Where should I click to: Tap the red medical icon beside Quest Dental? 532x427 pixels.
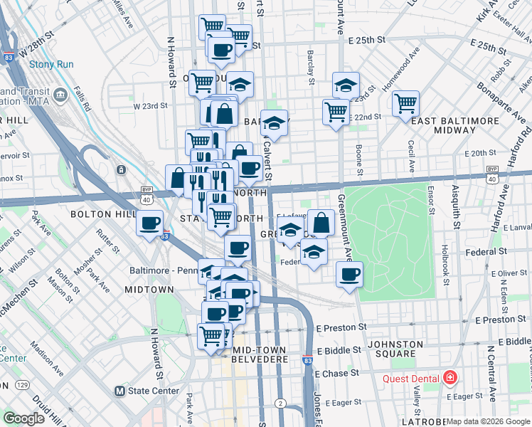tap(449, 377)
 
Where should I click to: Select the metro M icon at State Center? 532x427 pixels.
tap(119, 391)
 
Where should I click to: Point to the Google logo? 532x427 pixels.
tap(23, 418)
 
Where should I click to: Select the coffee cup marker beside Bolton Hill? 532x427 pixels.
tap(150, 223)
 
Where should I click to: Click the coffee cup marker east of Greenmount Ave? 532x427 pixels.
tap(349, 275)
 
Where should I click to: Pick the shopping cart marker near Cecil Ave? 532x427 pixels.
tap(405, 103)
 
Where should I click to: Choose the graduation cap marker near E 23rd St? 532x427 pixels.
tap(346, 86)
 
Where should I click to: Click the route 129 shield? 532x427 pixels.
tap(23, 385)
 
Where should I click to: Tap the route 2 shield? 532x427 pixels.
tap(281, 404)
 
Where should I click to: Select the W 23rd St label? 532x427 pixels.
tap(150, 105)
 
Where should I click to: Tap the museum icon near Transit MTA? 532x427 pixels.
tap(60, 93)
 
